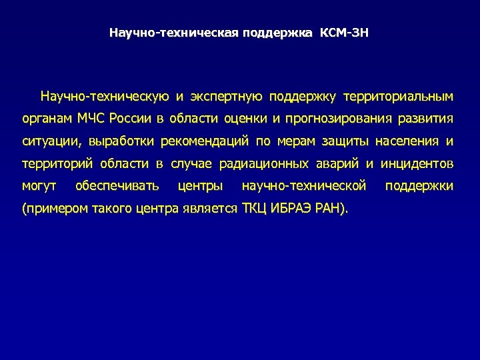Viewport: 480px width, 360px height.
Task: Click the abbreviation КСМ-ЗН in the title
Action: (345, 33)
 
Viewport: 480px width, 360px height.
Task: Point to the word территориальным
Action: (398, 97)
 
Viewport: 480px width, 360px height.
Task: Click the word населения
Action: (407, 141)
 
